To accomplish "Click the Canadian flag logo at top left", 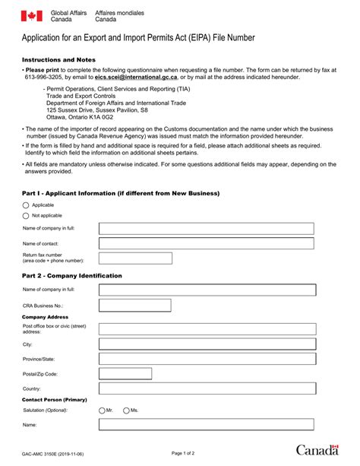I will pos(32,16).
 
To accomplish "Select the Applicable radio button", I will pos(26,205).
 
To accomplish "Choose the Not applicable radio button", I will pos(26,216).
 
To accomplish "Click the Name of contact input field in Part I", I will pos(206,243).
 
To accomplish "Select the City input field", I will pos(206,344).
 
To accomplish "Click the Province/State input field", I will pos(206,360).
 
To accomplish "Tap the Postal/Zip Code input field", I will pos(206,375).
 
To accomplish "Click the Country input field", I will pos(206,389).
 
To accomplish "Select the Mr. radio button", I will pos(103,411).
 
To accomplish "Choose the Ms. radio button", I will pos(126,411).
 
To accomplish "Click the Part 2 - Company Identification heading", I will pos(72,275).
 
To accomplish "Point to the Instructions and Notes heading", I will pos(61,59).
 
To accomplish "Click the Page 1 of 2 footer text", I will pos(183,453).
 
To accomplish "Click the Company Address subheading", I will pos(46,316).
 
